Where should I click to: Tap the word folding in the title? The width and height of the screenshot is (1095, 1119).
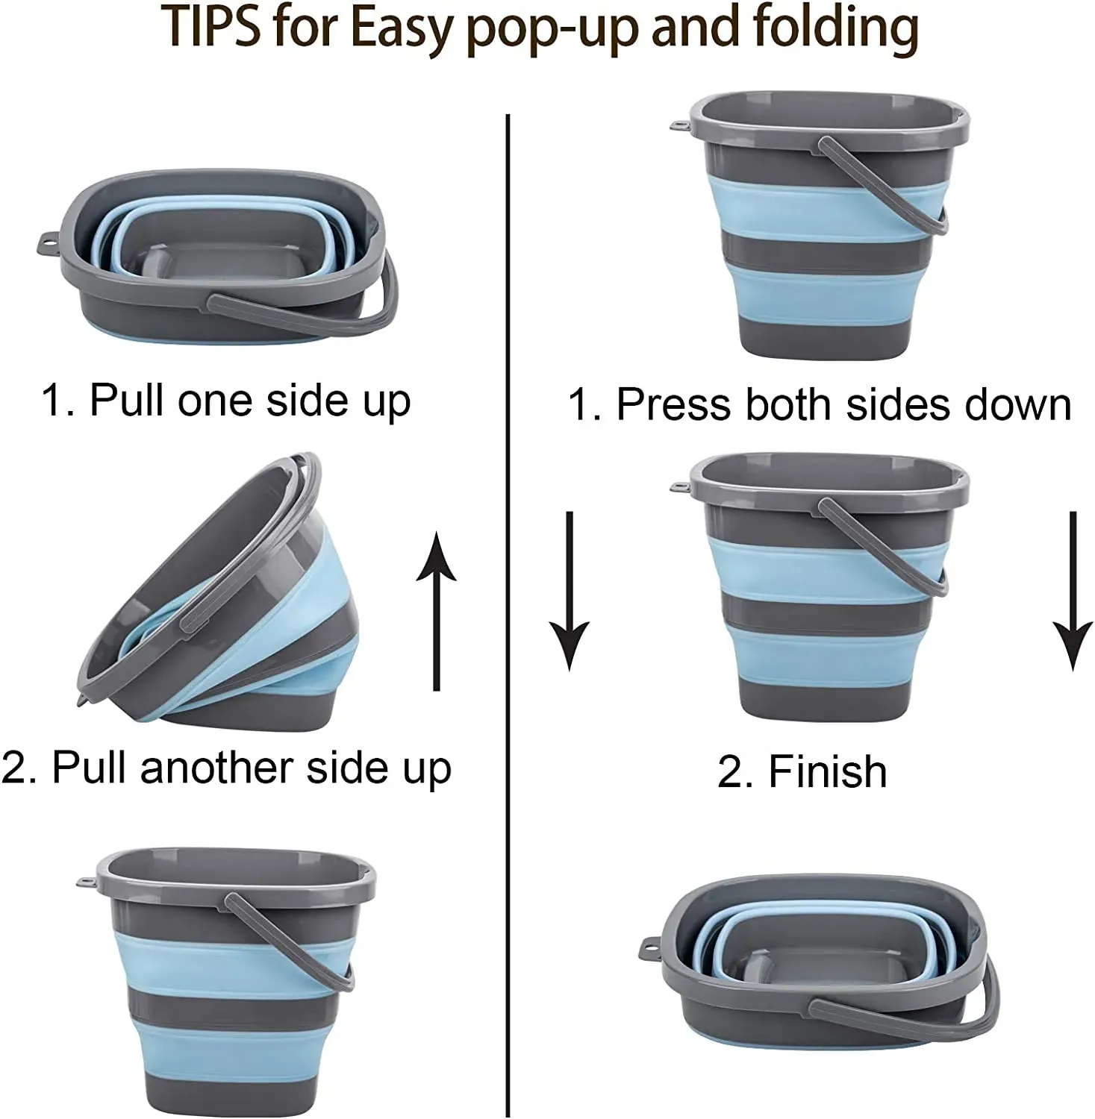click(836, 28)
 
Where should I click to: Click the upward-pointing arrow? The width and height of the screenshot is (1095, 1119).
click(437, 612)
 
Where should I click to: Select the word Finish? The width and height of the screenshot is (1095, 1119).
click(827, 771)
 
